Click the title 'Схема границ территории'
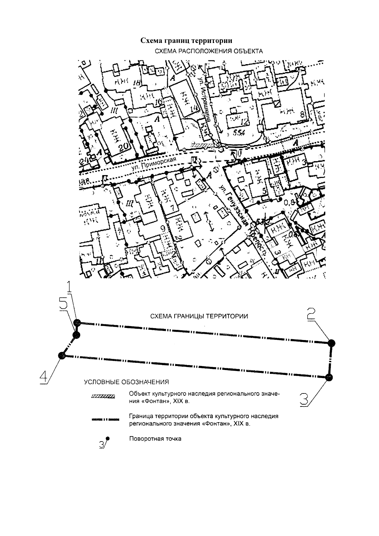click(x=186, y=41)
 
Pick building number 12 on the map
click(x=244, y=121)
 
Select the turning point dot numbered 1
click(x=77, y=323)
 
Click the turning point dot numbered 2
click(x=331, y=343)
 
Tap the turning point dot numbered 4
click(x=62, y=356)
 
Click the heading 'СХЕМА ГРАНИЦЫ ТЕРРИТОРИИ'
click(x=199, y=316)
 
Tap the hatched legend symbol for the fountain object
click(x=103, y=397)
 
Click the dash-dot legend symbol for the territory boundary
click(x=105, y=420)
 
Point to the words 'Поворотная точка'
click(x=155, y=439)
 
